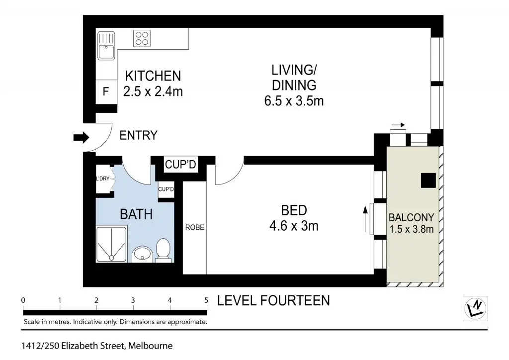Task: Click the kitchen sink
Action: point(106,46)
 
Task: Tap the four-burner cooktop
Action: point(142,38)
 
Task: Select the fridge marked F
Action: point(106,91)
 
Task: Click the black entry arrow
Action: point(81,137)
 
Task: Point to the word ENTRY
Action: point(139,135)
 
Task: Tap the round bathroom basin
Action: point(142,254)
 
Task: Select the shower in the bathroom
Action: point(111,244)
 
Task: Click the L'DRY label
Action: point(102,179)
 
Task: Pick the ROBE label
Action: point(195,227)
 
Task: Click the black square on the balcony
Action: point(428,180)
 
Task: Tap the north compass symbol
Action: point(475,308)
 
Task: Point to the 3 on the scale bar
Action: point(133,300)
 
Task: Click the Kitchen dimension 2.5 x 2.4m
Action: point(153,91)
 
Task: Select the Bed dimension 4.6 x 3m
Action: point(294,226)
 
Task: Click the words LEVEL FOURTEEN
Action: point(273,301)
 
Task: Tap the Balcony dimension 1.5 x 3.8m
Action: point(411,229)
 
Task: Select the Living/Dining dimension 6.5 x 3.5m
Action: point(294,101)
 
